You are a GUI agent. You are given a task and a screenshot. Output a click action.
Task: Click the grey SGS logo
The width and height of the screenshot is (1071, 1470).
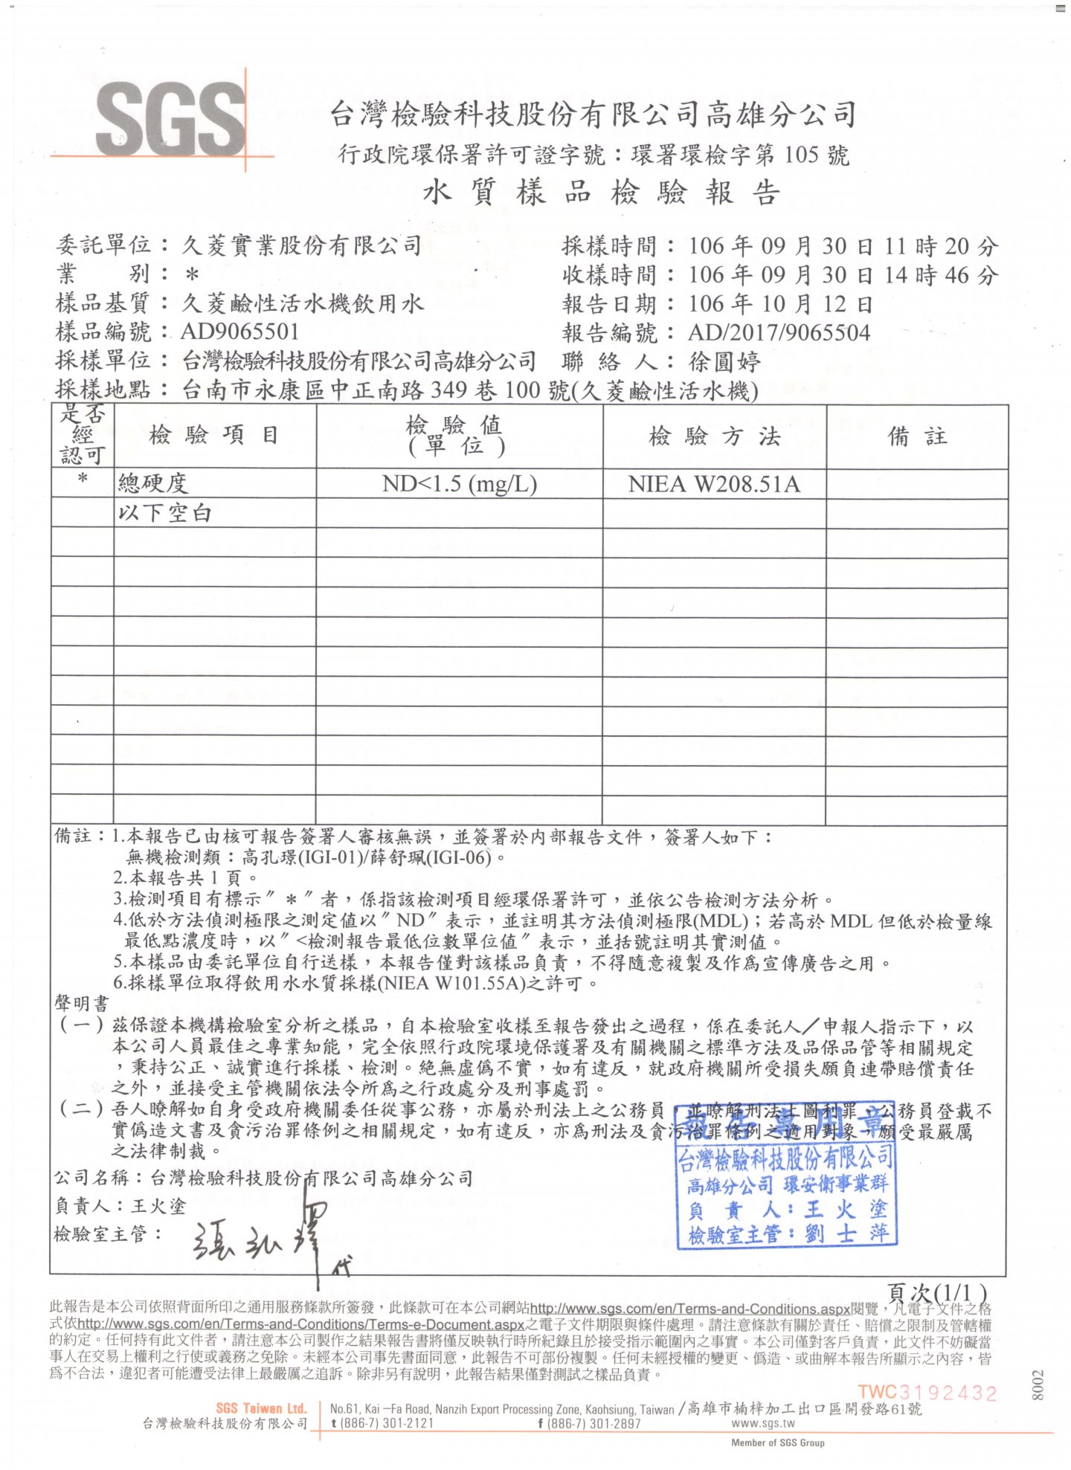pos(170,120)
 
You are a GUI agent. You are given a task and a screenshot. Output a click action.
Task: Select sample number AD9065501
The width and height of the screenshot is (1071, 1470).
pos(239,332)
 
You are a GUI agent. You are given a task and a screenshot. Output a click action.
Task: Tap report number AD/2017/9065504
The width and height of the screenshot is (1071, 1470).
pos(779,332)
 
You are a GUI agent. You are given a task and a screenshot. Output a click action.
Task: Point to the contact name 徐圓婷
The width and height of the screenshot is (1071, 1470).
pos(724,362)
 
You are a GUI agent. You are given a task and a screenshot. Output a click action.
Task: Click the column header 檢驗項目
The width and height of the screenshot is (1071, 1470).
pos(214,436)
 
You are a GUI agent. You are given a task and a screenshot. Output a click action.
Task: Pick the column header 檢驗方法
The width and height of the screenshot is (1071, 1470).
pos(714,436)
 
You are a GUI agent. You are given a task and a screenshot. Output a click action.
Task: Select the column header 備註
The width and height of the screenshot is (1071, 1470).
pos(917,436)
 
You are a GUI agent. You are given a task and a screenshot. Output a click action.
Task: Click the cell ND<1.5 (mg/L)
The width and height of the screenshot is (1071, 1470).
pos(459,484)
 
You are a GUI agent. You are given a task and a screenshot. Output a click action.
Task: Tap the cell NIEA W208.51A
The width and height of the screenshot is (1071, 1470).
pos(714,485)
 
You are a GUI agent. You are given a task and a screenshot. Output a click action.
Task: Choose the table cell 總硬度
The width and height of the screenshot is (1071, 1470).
pos(153,484)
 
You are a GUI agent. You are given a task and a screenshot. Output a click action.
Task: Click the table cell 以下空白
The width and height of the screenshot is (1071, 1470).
pos(164,513)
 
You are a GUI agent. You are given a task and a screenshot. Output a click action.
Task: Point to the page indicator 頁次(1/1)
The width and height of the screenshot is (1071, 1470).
pos(937,1292)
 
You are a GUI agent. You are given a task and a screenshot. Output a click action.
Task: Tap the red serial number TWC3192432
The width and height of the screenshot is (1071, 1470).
pos(927,1392)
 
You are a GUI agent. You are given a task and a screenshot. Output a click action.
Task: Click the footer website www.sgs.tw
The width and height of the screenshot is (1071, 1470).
pos(763,1423)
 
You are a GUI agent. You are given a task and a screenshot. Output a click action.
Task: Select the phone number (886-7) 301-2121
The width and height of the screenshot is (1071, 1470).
pos(386,1423)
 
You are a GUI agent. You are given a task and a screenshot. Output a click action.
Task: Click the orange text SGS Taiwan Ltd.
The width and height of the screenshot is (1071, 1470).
pos(261,1408)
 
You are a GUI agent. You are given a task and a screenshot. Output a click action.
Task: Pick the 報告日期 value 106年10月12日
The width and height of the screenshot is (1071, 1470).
pos(779,304)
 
